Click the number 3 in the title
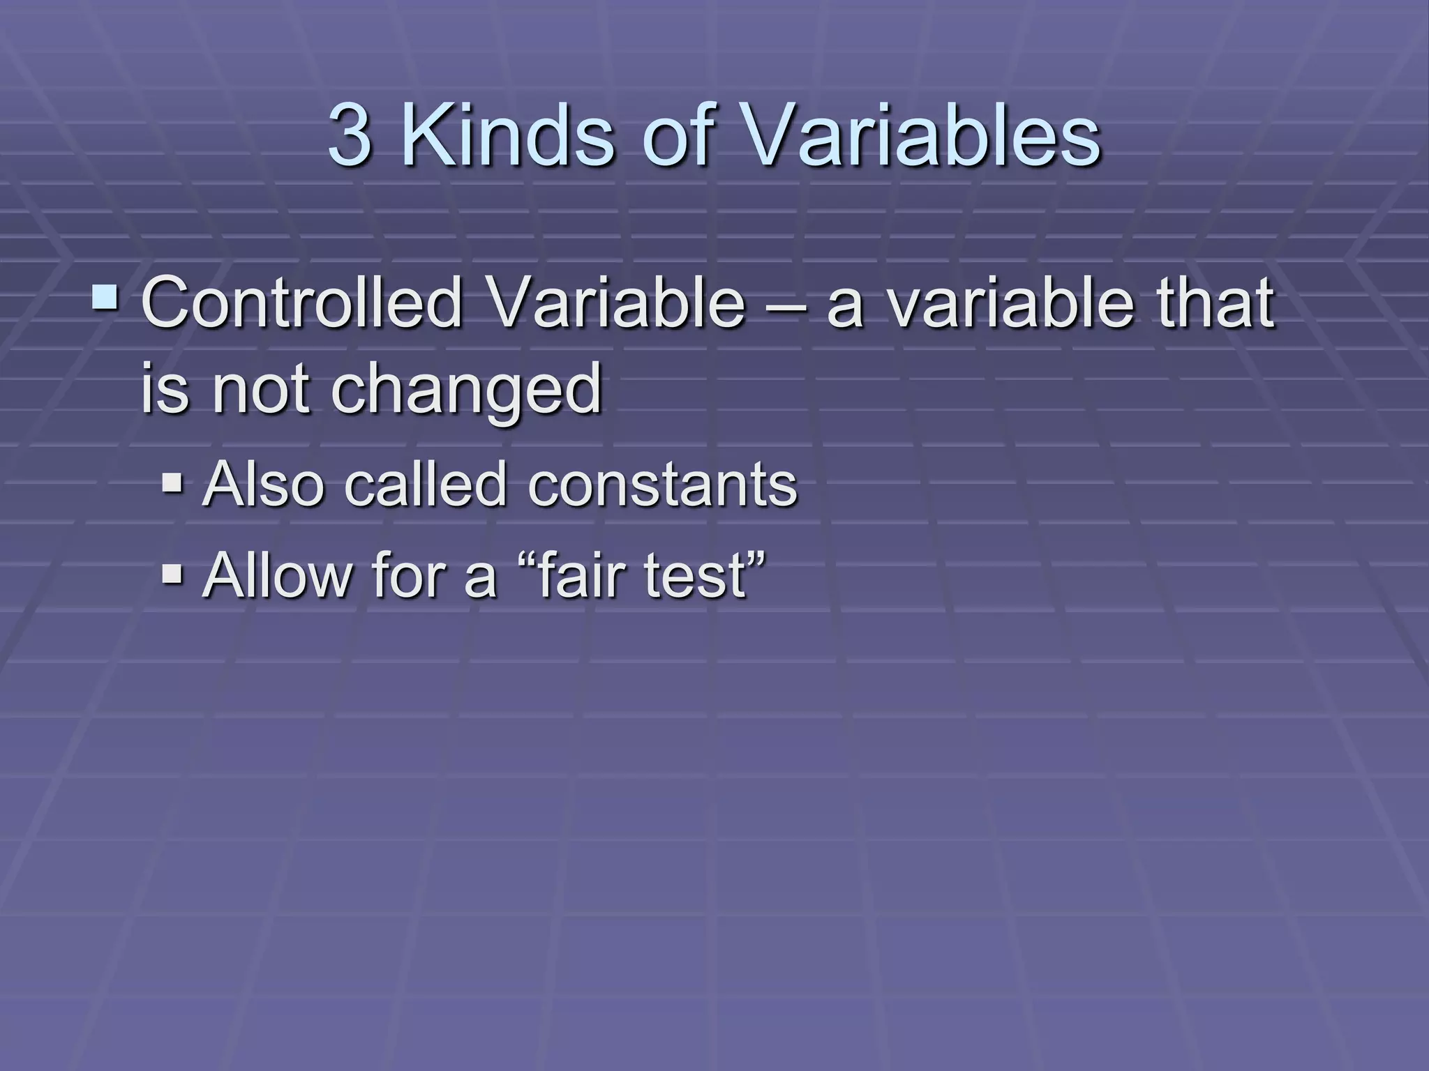click(x=350, y=136)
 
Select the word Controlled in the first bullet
click(x=301, y=304)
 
